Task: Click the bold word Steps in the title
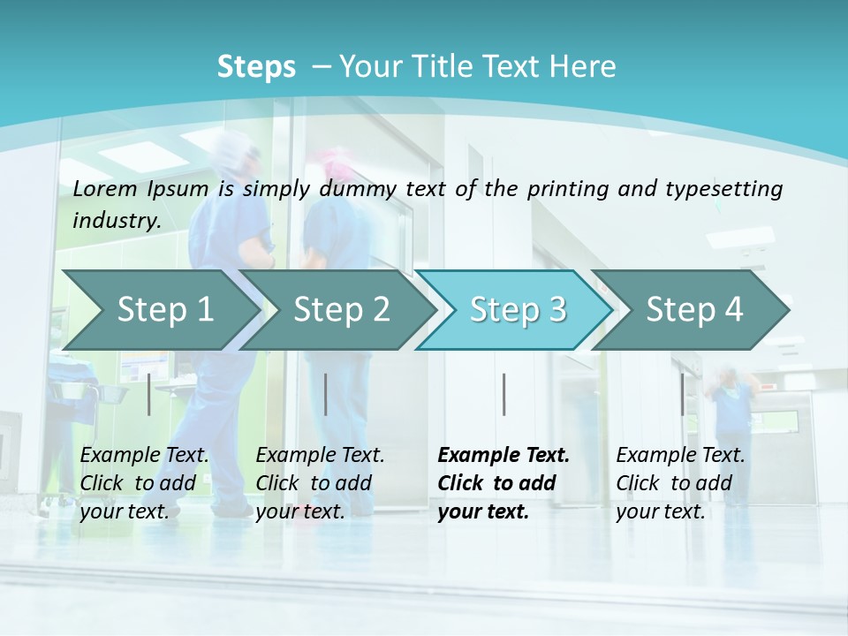click(256, 67)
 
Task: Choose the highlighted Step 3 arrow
click(518, 309)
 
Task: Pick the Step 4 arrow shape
click(694, 309)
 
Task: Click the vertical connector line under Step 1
click(149, 394)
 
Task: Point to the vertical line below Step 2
click(326, 394)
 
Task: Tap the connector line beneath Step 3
click(503, 394)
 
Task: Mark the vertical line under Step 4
click(682, 394)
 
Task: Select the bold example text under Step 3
click(503, 483)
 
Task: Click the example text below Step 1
click(144, 483)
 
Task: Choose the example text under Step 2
click(320, 483)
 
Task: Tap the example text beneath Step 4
click(679, 483)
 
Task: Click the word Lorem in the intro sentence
click(105, 189)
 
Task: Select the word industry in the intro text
click(116, 221)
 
